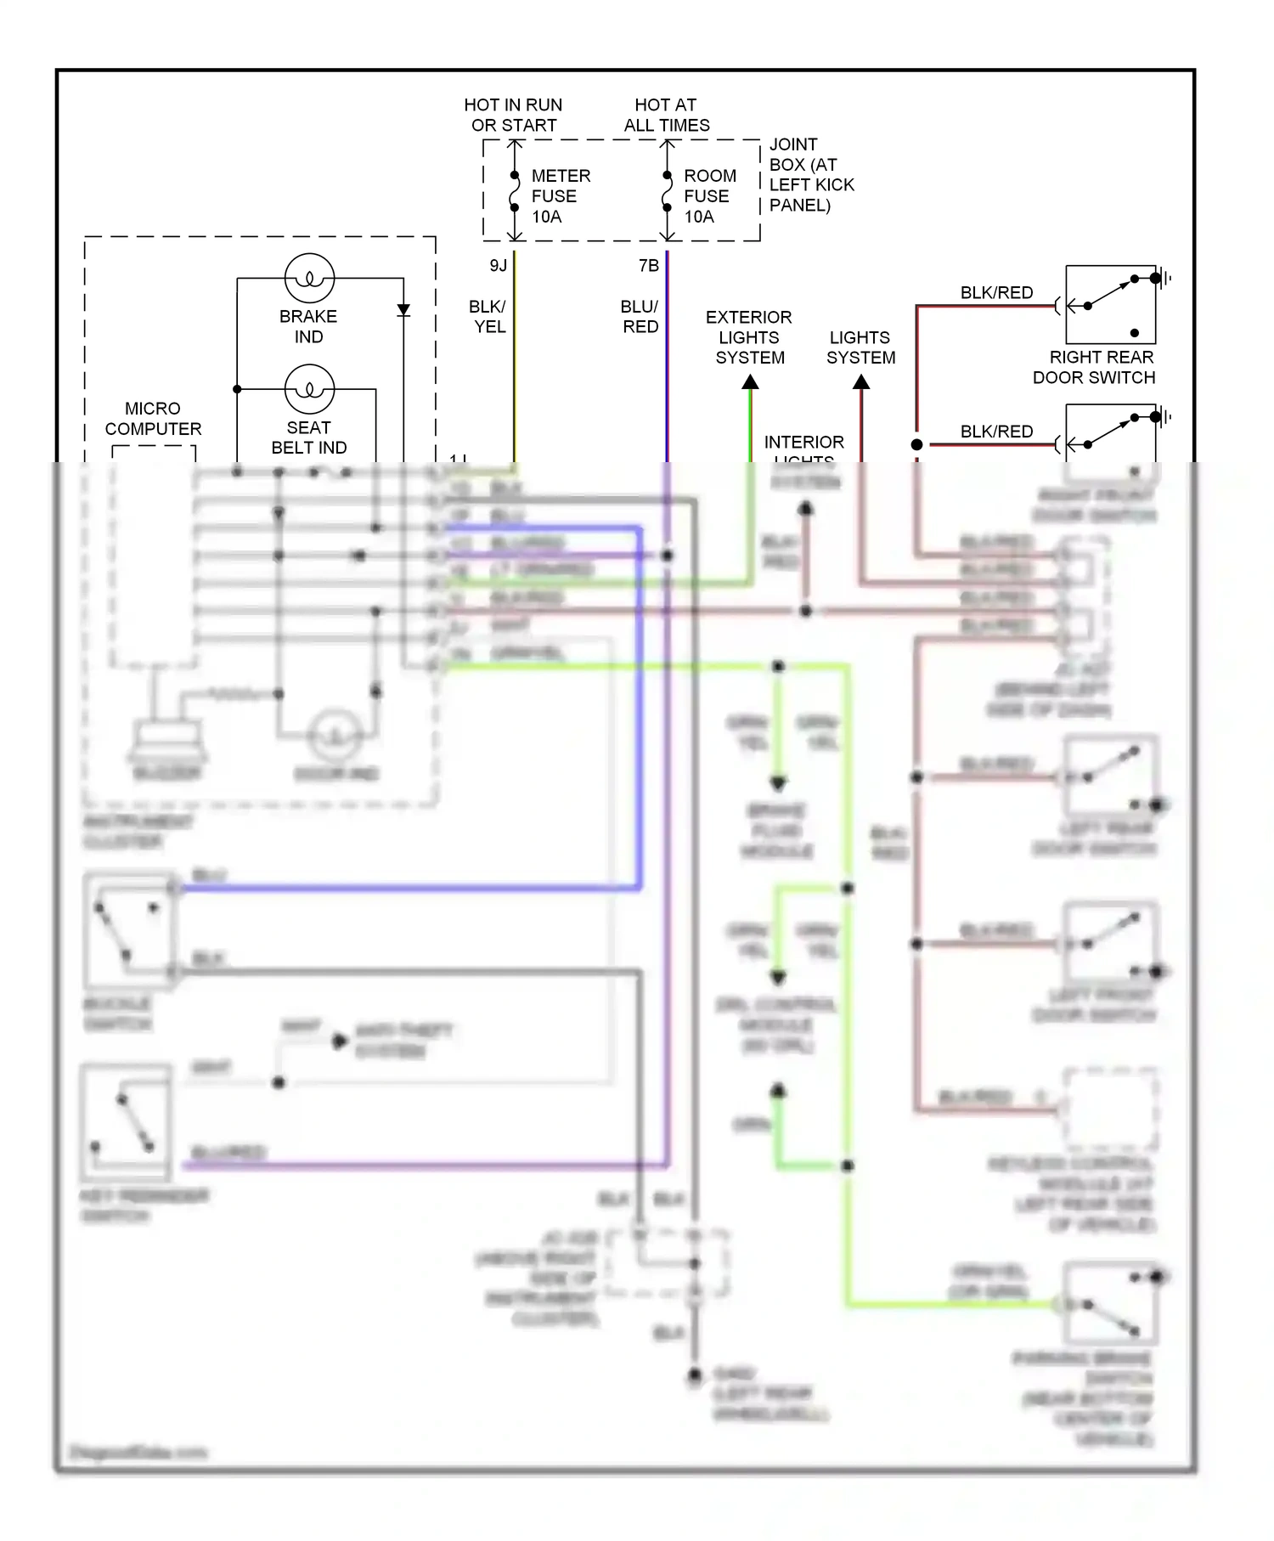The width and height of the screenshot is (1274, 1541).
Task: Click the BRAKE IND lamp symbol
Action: pyautogui.click(x=309, y=278)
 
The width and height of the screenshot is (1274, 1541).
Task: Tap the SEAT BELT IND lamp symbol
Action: pyautogui.click(x=309, y=389)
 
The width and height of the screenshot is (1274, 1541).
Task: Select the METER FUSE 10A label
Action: pyautogui.click(x=560, y=196)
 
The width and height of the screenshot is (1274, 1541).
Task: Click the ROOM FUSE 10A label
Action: pyautogui.click(x=709, y=196)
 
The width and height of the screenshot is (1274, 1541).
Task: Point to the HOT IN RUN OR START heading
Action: pyautogui.click(x=513, y=115)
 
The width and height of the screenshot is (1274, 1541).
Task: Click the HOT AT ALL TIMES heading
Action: pyautogui.click(x=666, y=115)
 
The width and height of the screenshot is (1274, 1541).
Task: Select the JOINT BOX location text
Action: pyautogui.click(x=810, y=175)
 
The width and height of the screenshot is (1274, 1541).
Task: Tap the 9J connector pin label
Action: pyautogui.click(x=499, y=266)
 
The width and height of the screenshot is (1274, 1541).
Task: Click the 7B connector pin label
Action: pyautogui.click(x=649, y=266)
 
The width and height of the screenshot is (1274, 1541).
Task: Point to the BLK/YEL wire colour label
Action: pyautogui.click(x=488, y=317)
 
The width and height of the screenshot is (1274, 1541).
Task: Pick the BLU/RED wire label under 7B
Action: pyautogui.click(x=640, y=317)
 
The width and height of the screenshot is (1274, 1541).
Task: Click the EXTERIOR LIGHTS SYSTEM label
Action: pyautogui.click(x=749, y=337)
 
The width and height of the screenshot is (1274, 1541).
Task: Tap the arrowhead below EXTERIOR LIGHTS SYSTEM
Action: pyautogui.click(x=750, y=383)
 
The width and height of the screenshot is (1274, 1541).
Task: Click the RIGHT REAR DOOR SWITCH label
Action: pyautogui.click(x=1096, y=367)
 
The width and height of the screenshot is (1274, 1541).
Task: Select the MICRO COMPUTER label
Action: pyautogui.click(x=153, y=419)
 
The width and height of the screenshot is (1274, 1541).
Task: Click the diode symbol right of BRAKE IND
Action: pyautogui.click(x=403, y=310)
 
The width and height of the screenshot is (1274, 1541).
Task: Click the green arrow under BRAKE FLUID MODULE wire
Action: pyautogui.click(x=778, y=782)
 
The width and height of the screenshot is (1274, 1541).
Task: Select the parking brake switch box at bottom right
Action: pyautogui.click(x=1110, y=1302)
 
